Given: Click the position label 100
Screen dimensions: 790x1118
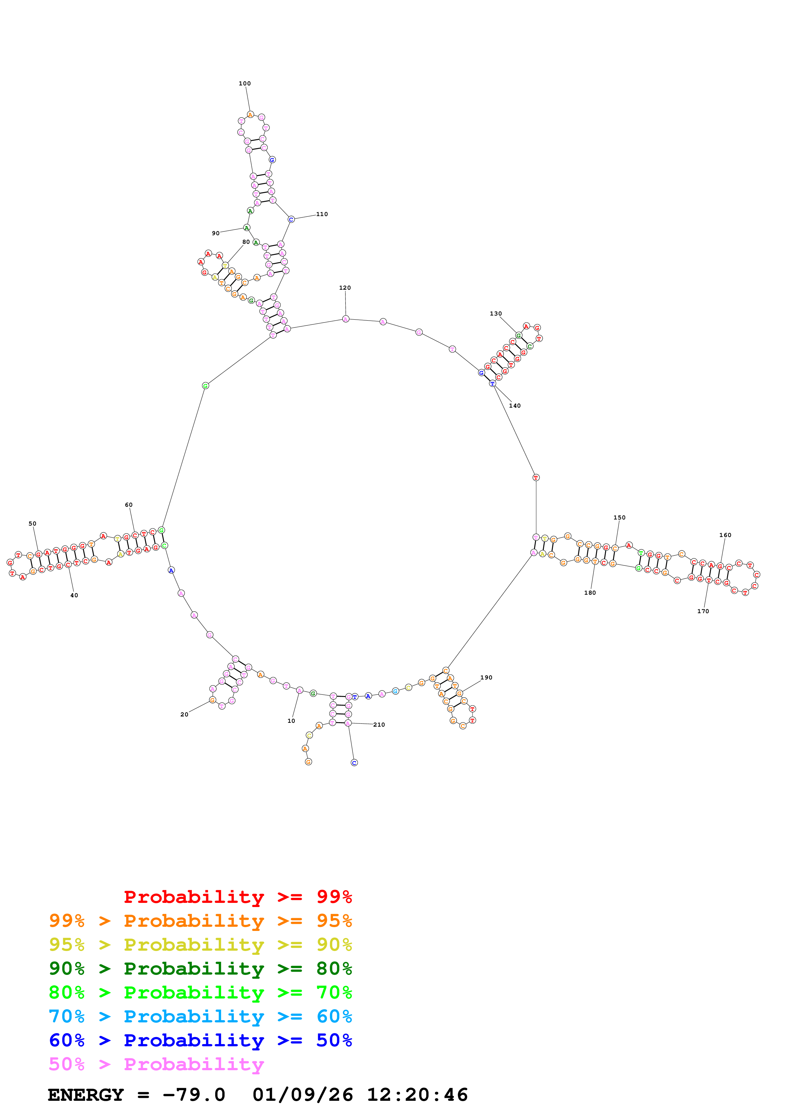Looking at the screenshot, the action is pyautogui.click(x=244, y=84).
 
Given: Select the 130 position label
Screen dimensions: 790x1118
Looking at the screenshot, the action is pyautogui.click(x=496, y=314).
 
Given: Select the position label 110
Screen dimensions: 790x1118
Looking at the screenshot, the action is pyautogui.click(x=322, y=214).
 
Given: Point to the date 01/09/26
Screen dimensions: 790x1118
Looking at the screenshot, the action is pyautogui.click(x=302, y=1095).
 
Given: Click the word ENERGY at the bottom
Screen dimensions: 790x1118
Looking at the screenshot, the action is pyautogui.click(x=86, y=1095).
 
